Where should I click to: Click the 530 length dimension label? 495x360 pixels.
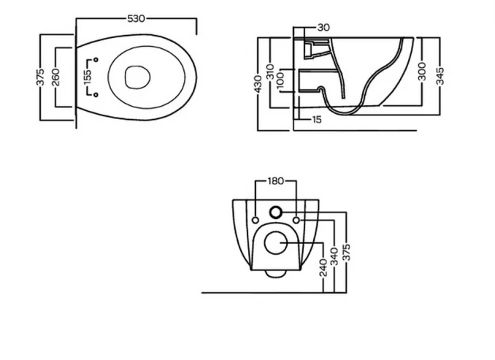click(136, 19)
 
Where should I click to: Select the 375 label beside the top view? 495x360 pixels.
click(40, 77)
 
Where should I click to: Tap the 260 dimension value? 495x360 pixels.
click(55, 77)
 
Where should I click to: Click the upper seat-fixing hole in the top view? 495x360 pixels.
click(96, 60)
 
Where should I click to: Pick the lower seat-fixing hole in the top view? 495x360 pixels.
click(96, 95)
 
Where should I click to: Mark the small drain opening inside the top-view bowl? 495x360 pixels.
click(137, 77)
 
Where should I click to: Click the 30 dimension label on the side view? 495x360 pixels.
click(323, 28)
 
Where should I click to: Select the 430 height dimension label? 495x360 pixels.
click(258, 84)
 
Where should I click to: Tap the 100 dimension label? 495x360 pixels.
click(280, 80)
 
